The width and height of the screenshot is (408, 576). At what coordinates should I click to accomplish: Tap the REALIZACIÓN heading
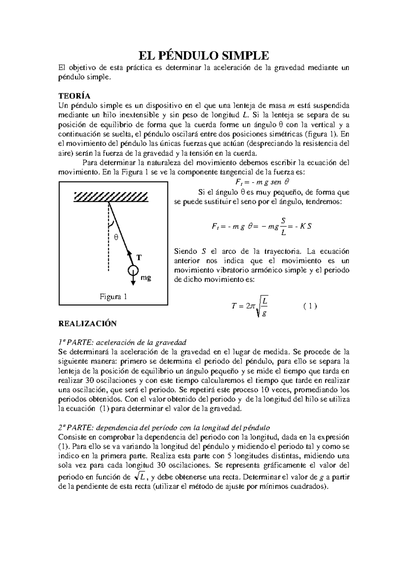tap(87, 324)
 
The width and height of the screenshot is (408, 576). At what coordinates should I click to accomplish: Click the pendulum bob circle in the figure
tap(133, 270)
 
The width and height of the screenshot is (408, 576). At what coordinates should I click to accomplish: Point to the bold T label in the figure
tap(139, 257)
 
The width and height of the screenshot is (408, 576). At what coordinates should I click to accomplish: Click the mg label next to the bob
tap(146, 278)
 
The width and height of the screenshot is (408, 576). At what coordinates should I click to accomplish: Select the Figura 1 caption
tap(113, 297)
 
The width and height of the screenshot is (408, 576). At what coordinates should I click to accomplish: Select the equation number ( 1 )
tap(310, 306)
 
